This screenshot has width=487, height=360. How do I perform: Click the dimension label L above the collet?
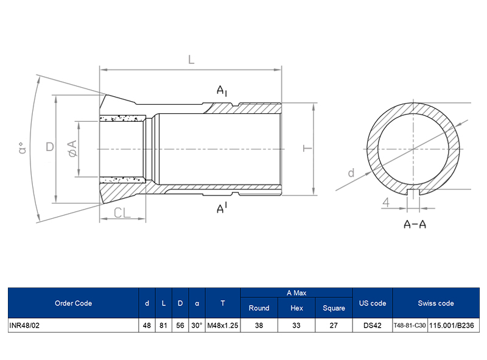(191, 60)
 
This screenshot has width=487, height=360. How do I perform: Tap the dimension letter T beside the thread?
(307, 148)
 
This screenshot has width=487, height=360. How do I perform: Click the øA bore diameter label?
(72, 148)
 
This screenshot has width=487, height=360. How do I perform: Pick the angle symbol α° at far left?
(23, 148)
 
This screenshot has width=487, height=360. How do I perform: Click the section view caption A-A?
(415, 224)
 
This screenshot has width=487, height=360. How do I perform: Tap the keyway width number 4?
(386, 202)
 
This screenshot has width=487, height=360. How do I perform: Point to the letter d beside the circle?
(351, 173)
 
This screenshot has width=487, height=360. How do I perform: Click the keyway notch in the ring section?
(415, 193)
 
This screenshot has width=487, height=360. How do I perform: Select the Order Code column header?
(73, 303)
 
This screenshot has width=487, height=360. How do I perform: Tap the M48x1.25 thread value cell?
(223, 326)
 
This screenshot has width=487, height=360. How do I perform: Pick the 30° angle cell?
(196, 326)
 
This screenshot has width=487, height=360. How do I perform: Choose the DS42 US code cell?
(372, 326)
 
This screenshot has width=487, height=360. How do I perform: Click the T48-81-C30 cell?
(410, 326)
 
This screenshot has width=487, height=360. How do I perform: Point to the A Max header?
(296, 293)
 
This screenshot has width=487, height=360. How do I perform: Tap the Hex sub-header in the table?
(296, 308)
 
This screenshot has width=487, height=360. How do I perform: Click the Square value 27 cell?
(334, 326)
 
